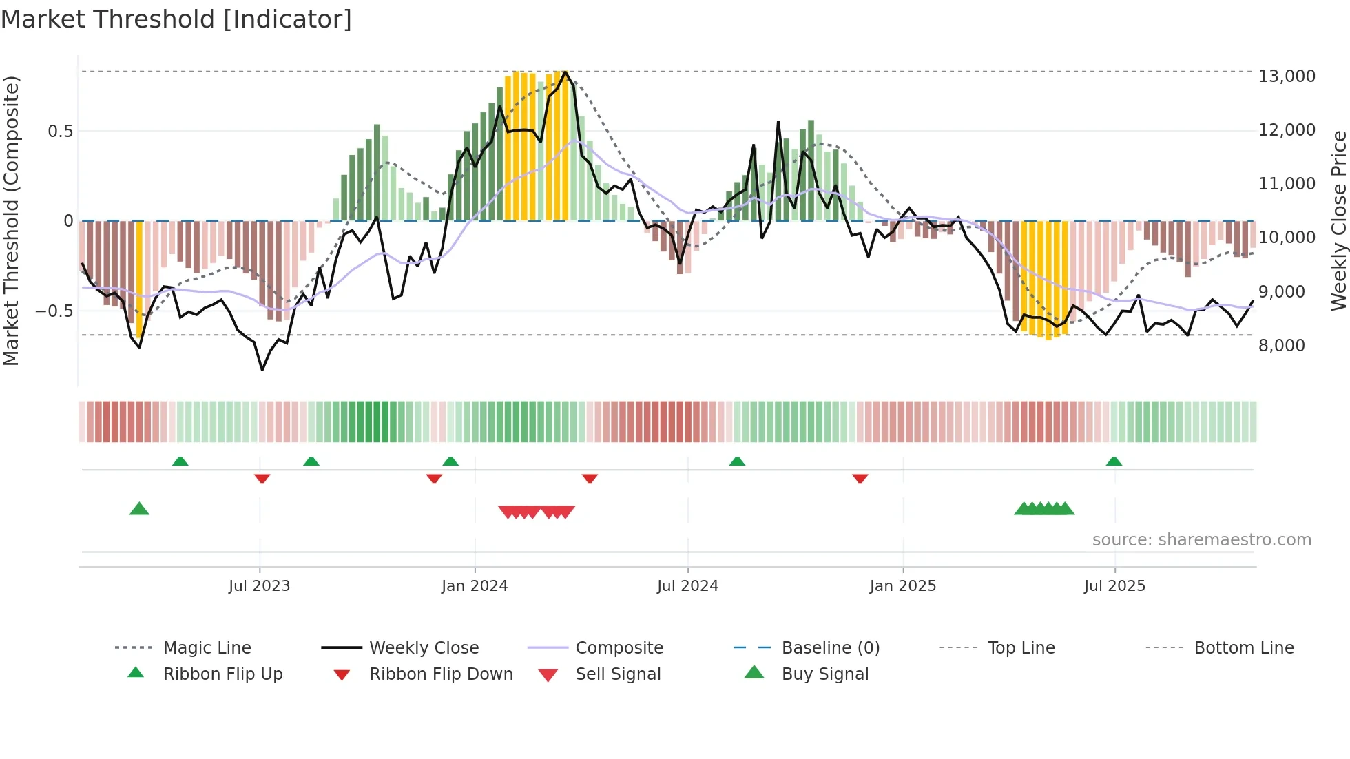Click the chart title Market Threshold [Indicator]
[x=176, y=19]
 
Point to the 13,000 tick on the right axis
[x=1287, y=76]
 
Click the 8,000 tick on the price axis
[x=1281, y=345]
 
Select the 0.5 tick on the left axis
[x=60, y=131]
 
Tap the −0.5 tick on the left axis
[x=54, y=311]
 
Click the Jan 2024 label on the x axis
[x=474, y=586]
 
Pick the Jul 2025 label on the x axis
[x=1114, y=586]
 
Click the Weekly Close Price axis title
[x=1338, y=220]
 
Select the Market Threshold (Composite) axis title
[x=11, y=220]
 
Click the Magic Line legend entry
[x=207, y=648]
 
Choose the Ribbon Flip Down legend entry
[x=441, y=674]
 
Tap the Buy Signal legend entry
[x=824, y=674]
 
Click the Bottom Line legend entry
[x=1243, y=648]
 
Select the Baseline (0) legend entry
[x=830, y=648]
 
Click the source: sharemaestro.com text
[x=1201, y=540]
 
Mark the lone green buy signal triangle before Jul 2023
[x=139, y=509]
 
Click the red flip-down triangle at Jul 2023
[x=262, y=478]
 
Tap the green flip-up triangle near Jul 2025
[x=1114, y=461]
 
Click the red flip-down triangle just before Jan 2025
[x=860, y=478]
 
